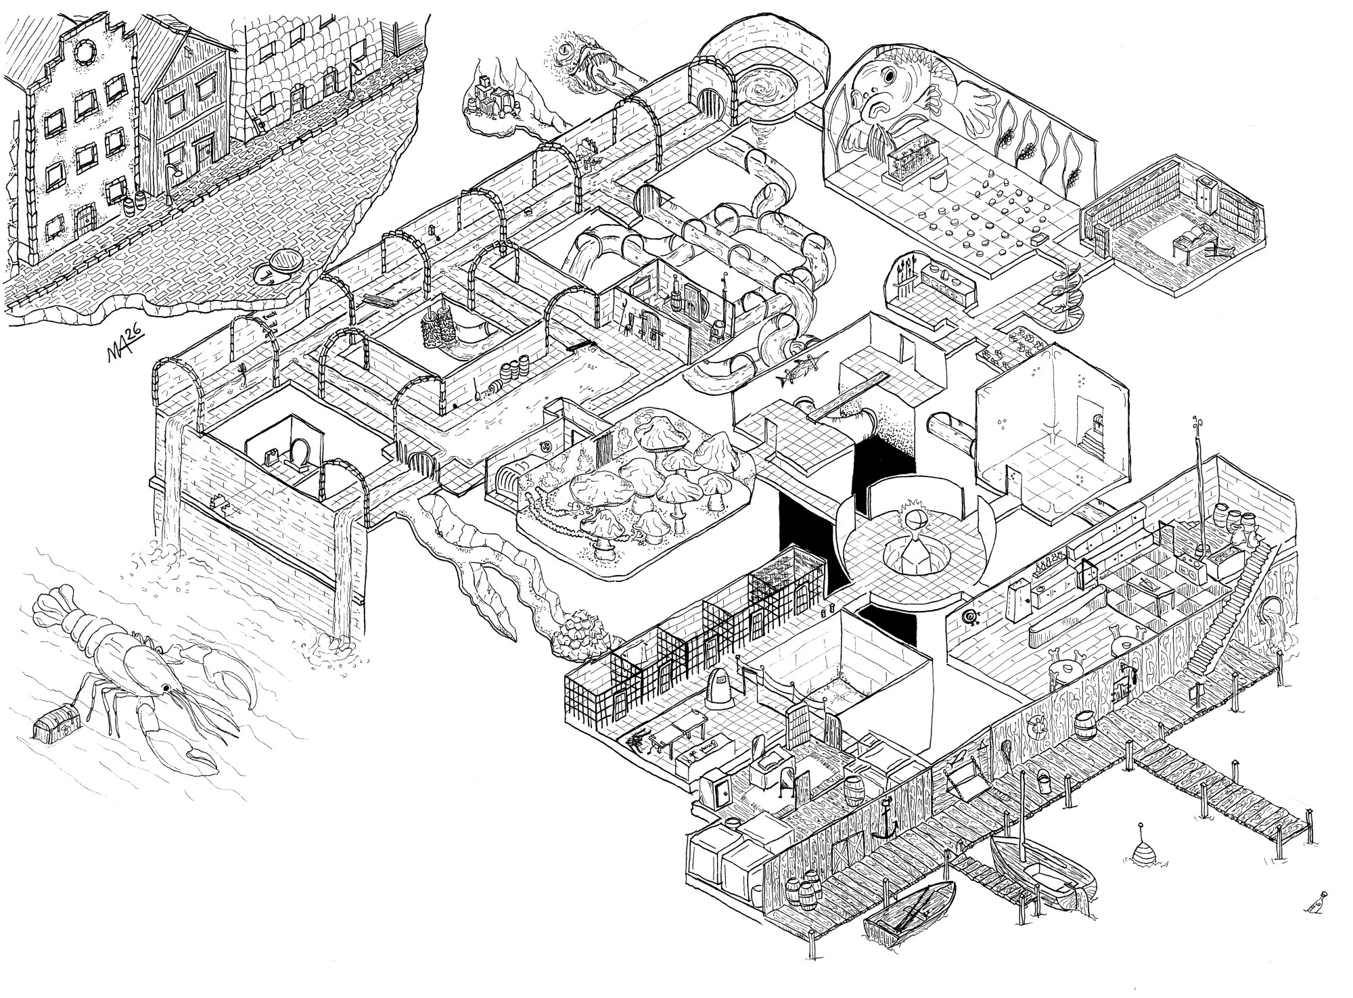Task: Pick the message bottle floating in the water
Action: click(x=1316, y=905)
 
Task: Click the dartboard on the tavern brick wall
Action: click(x=972, y=616)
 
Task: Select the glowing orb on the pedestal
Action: click(x=913, y=522)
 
